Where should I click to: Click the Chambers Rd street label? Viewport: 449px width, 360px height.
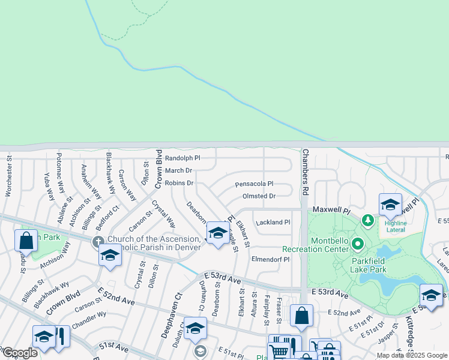click(305, 172)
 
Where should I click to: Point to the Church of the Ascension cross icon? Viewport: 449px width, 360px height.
click(98, 242)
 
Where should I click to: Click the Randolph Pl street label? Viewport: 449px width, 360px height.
click(182, 158)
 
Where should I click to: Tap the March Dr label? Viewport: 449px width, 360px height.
click(178, 171)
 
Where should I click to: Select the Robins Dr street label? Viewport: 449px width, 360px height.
click(179, 183)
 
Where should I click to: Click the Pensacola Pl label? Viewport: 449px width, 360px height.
click(254, 184)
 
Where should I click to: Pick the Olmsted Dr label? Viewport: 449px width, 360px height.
click(259, 196)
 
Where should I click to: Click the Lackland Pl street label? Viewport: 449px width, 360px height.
click(273, 223)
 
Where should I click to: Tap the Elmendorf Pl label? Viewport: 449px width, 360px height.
click(271, 260)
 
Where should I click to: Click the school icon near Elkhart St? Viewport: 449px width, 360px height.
click(218, 233)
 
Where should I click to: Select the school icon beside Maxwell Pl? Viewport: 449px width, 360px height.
click(390, 205)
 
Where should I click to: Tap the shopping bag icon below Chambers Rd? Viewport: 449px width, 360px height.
click(301, 315)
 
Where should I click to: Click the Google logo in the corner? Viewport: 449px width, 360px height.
click(20, 353)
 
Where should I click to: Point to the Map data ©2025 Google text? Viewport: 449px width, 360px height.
click(412, 355)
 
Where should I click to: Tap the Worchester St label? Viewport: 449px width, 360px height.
click(9, 176)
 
